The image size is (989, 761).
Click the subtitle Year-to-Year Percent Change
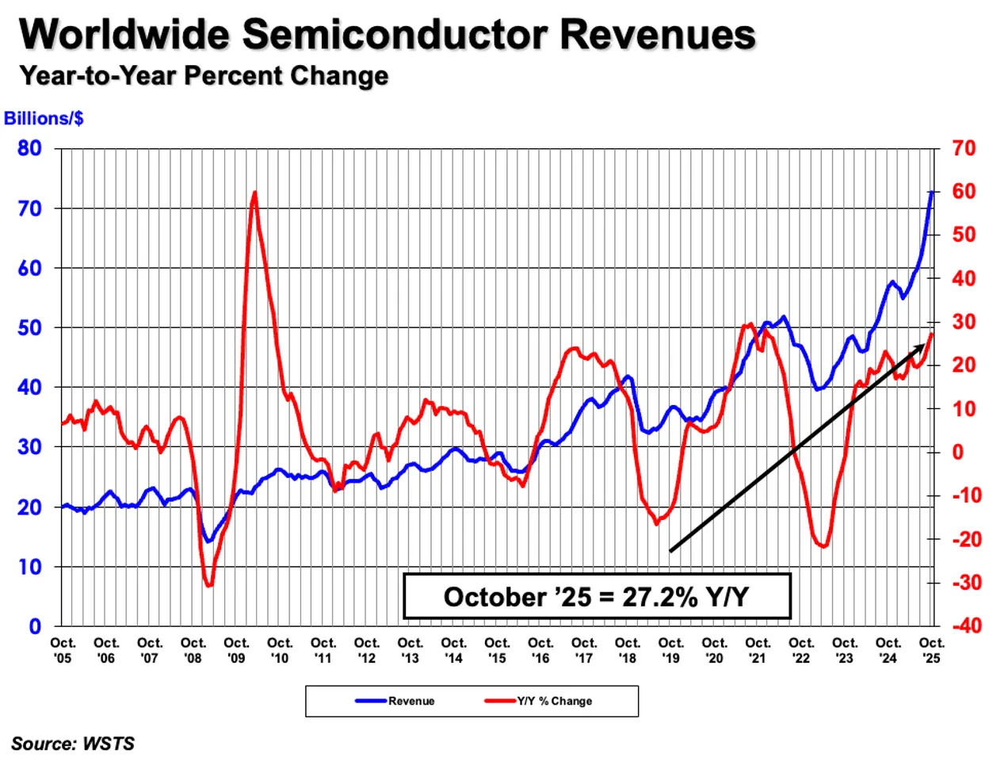coord(204,76)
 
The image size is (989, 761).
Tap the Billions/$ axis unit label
coord(44,119)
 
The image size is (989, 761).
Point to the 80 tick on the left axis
coord(29,148)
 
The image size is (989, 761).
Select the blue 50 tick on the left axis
coord(29,328)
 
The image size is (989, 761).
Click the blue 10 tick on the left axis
coord(29,567)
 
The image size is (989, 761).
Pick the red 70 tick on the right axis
coord(963,148)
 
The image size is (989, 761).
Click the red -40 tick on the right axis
coord(966,626)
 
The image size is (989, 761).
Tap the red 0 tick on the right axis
coord(957,452)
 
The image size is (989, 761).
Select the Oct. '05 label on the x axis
coord(63,650)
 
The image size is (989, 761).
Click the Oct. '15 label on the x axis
coord(497,650)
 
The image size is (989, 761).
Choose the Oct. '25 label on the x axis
coord(931,650)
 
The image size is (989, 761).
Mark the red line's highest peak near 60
coord(254,192)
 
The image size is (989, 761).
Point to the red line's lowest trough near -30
coord(208,586)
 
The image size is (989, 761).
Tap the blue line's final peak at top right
coord(931,192)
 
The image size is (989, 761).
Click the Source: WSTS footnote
coord(73,744)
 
